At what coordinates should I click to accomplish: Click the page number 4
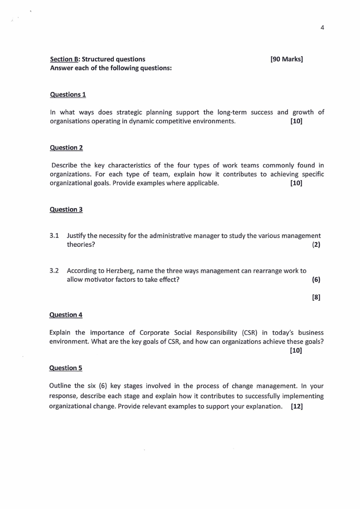322,27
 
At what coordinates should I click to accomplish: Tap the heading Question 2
66,147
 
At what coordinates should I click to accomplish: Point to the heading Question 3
66,209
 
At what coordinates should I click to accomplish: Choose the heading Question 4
66,314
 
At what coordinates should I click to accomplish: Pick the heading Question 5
66,367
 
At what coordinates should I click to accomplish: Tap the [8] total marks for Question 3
316,297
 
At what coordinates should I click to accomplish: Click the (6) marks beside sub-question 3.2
316,279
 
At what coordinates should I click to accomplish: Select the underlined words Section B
64,59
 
